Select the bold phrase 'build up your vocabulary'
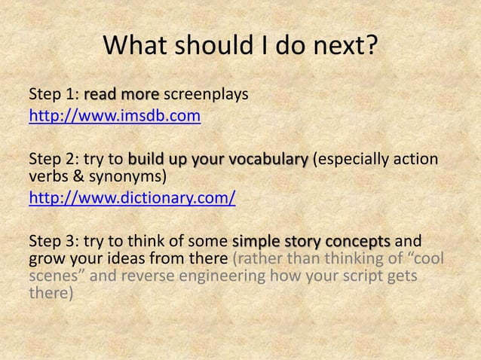[x=218, y=160]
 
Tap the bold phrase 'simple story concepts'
[x=311, y=242]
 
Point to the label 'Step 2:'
[x=53, y=160]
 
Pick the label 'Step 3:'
[x=53, y=242]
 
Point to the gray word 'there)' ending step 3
[x=51, y=294]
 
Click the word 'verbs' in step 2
[x=47, y=178]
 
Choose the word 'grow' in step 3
[x=45, y=260]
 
